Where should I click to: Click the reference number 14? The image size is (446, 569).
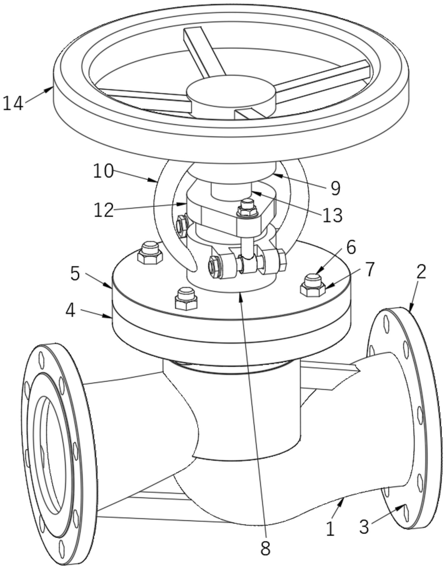pyautogui.click(x=13, y=103)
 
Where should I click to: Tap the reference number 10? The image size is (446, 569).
pyautogui.click(x=104, y=171)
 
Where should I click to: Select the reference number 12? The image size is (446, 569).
pyautogui.click(x=104, y=210)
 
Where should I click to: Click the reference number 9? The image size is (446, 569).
pyautogui.click(x=335, y=188)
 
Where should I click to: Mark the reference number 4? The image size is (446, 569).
pyautogui.click(x=70, y=311)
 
